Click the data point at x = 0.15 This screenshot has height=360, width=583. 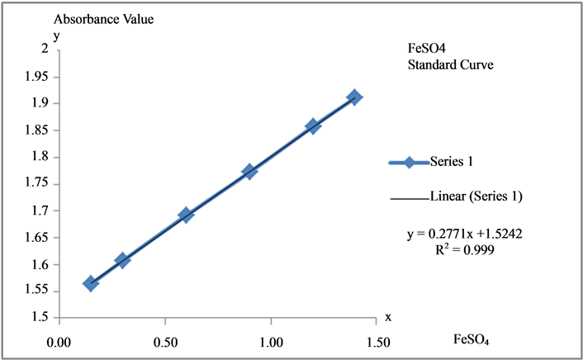[91, 283]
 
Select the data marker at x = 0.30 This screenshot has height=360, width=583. [122, 260]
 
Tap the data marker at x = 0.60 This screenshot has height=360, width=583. [186, 215]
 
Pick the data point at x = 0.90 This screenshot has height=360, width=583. [249, 171]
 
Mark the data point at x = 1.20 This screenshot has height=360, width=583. [313, 126]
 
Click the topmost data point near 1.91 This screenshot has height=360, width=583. [355, 97]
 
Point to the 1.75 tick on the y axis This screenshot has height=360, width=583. [36, 184]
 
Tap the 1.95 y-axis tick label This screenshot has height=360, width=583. [36, 77]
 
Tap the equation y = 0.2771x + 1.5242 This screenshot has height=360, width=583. [463, 234]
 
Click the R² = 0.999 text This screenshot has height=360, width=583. [463, 249]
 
